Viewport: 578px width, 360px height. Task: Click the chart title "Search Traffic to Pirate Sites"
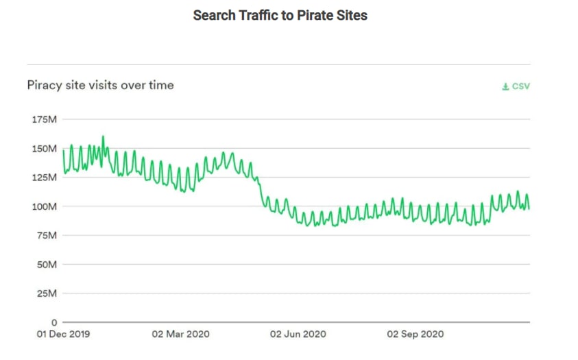click(280, 15)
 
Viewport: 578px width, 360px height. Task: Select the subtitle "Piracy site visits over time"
click(100, 85)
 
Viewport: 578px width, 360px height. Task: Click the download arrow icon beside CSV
click(505, 86)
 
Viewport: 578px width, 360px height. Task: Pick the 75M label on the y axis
click(45, 235)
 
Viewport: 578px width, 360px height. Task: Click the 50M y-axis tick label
click(45, 264)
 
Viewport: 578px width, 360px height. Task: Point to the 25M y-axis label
click(45, 293)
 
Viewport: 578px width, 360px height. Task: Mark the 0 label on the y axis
click(53, 322)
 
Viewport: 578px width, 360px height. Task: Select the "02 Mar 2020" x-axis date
click(180, 334)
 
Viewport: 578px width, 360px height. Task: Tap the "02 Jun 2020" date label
click(298, 334)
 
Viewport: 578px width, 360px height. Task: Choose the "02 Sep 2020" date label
click(416, 334)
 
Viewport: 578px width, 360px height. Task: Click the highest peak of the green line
click(103, 136)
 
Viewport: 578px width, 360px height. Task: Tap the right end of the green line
click(529, 208)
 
